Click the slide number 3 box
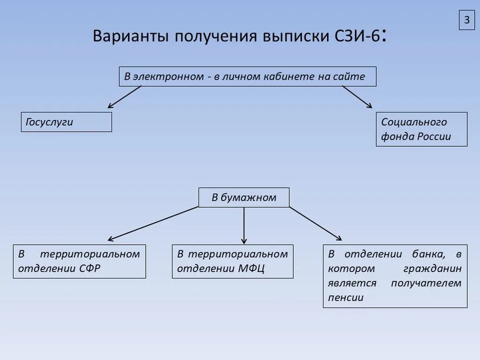coord(466,20)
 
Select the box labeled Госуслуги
coord(66,122)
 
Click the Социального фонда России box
coord(421,129)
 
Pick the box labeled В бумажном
coord(244,197)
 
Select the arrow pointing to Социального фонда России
coord(357,97)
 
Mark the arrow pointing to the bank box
coord(315,223)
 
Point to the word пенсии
coord(345,298)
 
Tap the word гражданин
coord(432,269)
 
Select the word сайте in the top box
coord(349,76)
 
